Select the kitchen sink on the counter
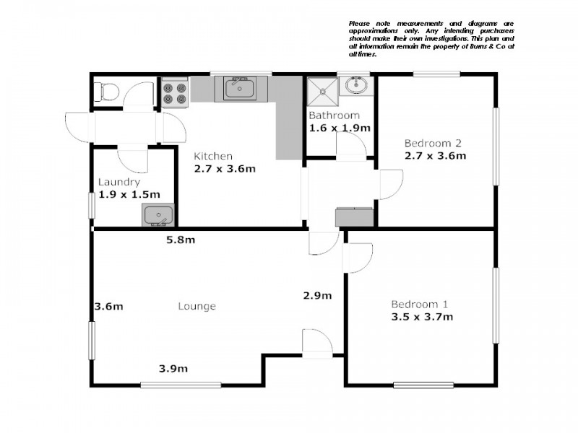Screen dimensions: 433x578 point(239,89)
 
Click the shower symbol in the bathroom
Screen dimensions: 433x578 point(322,91)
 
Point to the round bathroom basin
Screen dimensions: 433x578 point(355,87)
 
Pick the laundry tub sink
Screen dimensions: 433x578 point(157,214)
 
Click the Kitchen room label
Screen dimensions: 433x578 point(213,156)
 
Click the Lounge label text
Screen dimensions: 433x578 point(197,306)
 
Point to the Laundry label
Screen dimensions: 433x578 point(119,182)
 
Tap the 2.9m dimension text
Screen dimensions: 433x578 point(317,295)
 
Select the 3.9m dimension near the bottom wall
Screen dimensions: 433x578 point(173,369)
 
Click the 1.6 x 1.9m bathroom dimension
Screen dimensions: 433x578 point(340,128)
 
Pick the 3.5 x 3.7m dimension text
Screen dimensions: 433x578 point(422,316)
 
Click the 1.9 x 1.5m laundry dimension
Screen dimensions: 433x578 point(129,194)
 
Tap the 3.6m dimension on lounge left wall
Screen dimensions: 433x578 point(109,306)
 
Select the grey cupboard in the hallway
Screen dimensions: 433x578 point(355,216)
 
